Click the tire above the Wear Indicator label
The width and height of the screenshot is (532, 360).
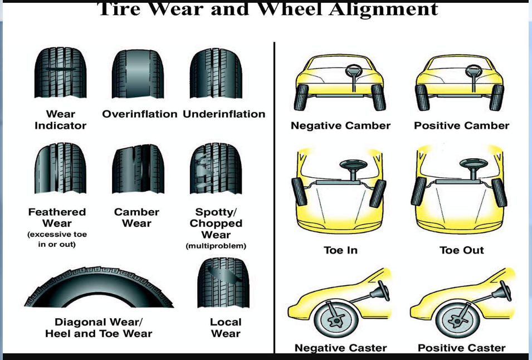click(x=60, y=73)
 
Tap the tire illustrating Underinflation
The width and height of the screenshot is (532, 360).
click(x=216, y=73)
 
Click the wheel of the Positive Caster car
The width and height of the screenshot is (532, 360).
click(x=456, y=320)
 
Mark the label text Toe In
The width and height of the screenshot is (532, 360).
click(x=340, y=250)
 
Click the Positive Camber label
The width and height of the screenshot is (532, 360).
click(x=461, y=126)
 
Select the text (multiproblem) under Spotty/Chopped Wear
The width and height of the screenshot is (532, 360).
click(x=216, y=246)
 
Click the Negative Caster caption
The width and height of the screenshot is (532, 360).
click(x=340, y=348)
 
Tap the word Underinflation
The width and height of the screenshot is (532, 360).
click(x=224, y=114)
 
